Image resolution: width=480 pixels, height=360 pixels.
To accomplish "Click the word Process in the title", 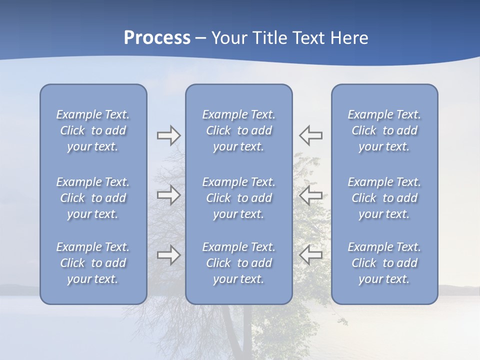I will coord(157,38).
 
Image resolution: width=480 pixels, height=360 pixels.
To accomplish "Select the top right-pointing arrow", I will coord(169,135).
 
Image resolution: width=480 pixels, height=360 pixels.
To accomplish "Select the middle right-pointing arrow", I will coord(169,195).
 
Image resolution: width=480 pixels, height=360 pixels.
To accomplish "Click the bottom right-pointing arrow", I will coord(169,255).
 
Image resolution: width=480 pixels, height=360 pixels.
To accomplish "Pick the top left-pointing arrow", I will coord(310,135).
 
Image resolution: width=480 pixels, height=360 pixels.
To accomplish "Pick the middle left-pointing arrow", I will coord(310,195).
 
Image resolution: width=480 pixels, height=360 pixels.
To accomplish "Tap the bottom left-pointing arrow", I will coord(310,255).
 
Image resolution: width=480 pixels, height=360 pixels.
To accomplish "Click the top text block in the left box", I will coord(93,130).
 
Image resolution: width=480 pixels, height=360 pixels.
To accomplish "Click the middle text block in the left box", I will coord(93,198).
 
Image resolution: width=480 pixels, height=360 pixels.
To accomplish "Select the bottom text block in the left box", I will coord(93,263).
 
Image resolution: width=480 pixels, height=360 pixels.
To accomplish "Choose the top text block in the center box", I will coord(238,130).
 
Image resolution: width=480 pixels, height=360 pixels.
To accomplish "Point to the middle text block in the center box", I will coord(238,198).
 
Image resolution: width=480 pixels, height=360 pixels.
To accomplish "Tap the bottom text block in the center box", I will coord(238,263).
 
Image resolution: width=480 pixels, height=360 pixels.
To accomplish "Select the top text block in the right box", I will coord(384,130).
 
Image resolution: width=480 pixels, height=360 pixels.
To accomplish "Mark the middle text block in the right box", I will coord(384,198).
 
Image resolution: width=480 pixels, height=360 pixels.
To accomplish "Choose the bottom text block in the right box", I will coord(384,263).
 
